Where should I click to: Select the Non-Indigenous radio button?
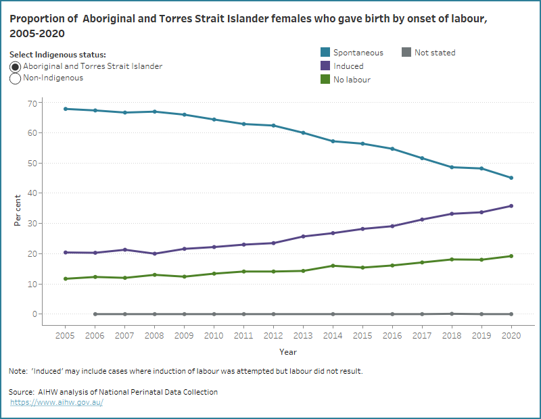(16, 78)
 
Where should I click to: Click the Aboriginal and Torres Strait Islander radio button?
(16, 67)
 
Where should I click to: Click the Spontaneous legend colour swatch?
(325, 53)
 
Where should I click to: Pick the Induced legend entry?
(348, 66)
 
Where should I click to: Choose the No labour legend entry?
(352, 80)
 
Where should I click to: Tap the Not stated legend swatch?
(406, 53)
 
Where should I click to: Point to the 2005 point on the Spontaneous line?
(64, 109)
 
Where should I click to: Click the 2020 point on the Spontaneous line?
(511, 178)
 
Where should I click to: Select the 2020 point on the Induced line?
(511, 206)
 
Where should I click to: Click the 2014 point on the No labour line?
(332, 266)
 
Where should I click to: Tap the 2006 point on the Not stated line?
(94, 314)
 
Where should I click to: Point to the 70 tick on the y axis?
(31, 102)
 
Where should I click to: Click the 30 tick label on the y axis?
(31, 223)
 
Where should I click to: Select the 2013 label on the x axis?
(302, 335)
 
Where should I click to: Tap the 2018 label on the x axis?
(451, 335)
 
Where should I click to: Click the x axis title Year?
(287, 352)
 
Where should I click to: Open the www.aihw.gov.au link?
(57, 402)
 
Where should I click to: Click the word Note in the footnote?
(17, 371)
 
